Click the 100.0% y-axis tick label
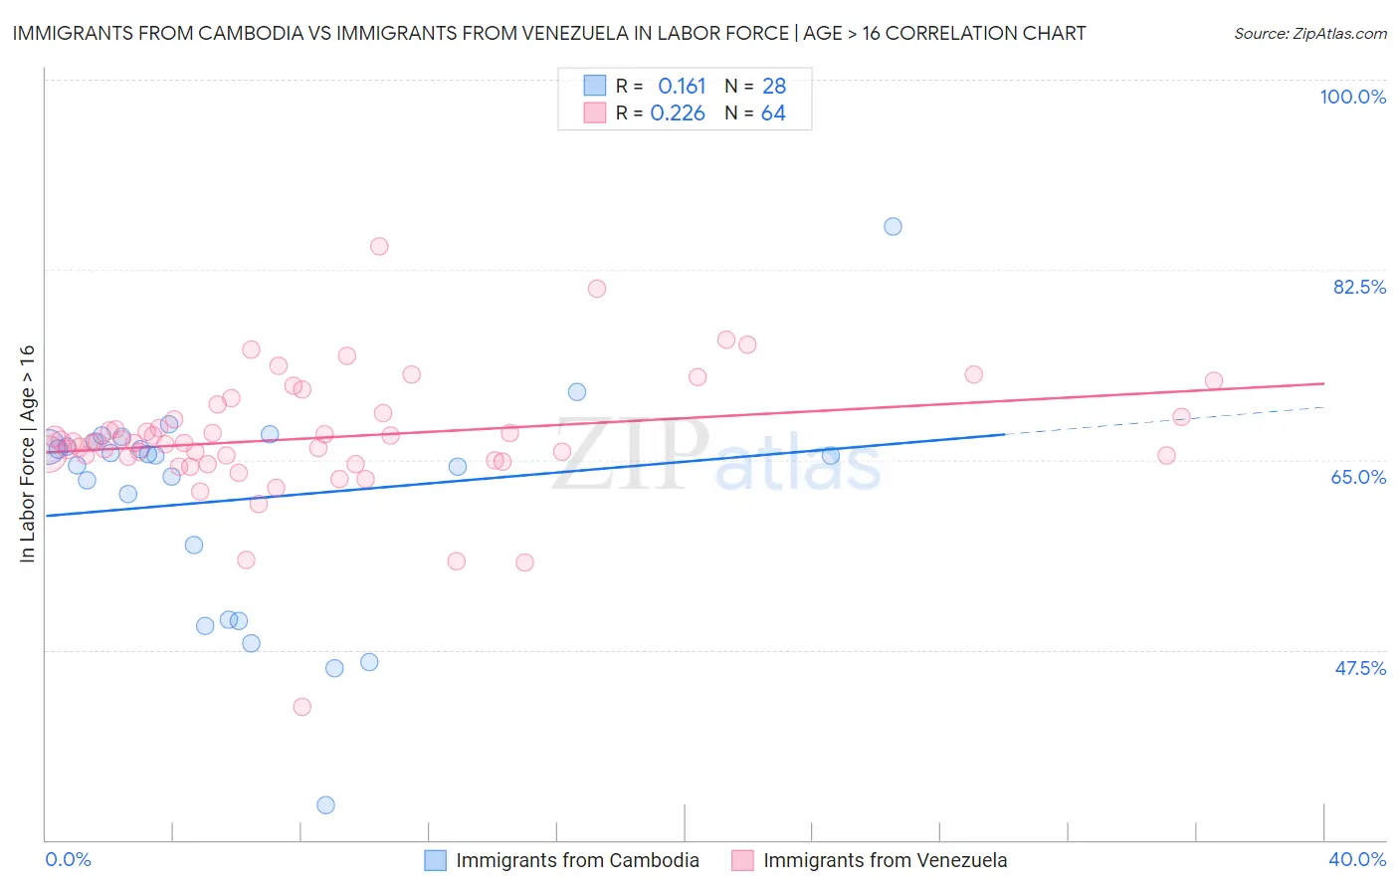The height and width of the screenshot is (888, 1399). pos(1352,97)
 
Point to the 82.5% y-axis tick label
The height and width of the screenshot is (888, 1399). pos(1359,287)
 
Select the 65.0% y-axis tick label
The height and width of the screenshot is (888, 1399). pos(1358,477)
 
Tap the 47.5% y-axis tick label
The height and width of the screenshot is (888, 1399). pos(1359,668)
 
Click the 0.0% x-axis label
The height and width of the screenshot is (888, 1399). pos(68,859)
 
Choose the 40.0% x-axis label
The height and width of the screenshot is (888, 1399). pos(1357,859)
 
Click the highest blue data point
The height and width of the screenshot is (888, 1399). pos(893,226)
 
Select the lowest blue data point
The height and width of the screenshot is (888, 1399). pos(325,804)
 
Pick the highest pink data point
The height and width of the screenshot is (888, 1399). pos(379,246)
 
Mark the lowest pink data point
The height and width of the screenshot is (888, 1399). pos(302,706)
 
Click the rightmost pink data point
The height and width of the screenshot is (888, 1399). pos(1213,380)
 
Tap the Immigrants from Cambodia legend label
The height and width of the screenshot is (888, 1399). pos(577,860)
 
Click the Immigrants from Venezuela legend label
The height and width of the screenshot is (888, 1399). pos(885,860)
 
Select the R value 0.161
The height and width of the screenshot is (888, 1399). pos(682,87)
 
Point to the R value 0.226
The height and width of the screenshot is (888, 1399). pos(678,113)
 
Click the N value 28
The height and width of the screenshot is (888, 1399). pos(773,87)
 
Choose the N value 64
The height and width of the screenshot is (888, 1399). pos(773,113)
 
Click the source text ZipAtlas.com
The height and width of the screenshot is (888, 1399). pos(1309,34)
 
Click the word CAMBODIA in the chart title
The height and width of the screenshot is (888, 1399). pos(239,33)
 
